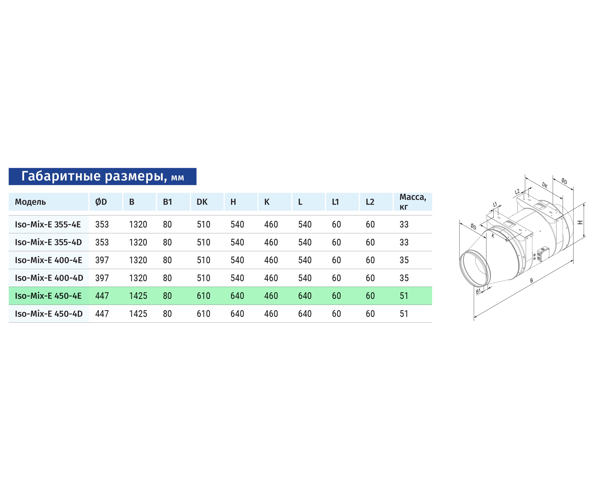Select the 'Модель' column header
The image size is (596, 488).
pyautogui.click(x=30, y=202)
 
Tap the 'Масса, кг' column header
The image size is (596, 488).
pyautogui.click(x=413, y=202)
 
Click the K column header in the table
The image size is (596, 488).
pyautogui.click(x=267, y=202)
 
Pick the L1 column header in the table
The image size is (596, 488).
pyautogui.click(x=335, y=202)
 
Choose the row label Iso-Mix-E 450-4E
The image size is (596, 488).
pyautogui.click(x=48, y=296)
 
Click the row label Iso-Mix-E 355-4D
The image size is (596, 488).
pyautogui.click(x=48, y=242)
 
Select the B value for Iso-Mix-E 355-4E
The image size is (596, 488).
pyautogui.click(x=138, y=224)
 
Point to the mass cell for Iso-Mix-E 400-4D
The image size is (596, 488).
pyautogui.click(x=404, y=278)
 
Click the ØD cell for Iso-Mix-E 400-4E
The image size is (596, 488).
pyautogui.click(x=102, y=260)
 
